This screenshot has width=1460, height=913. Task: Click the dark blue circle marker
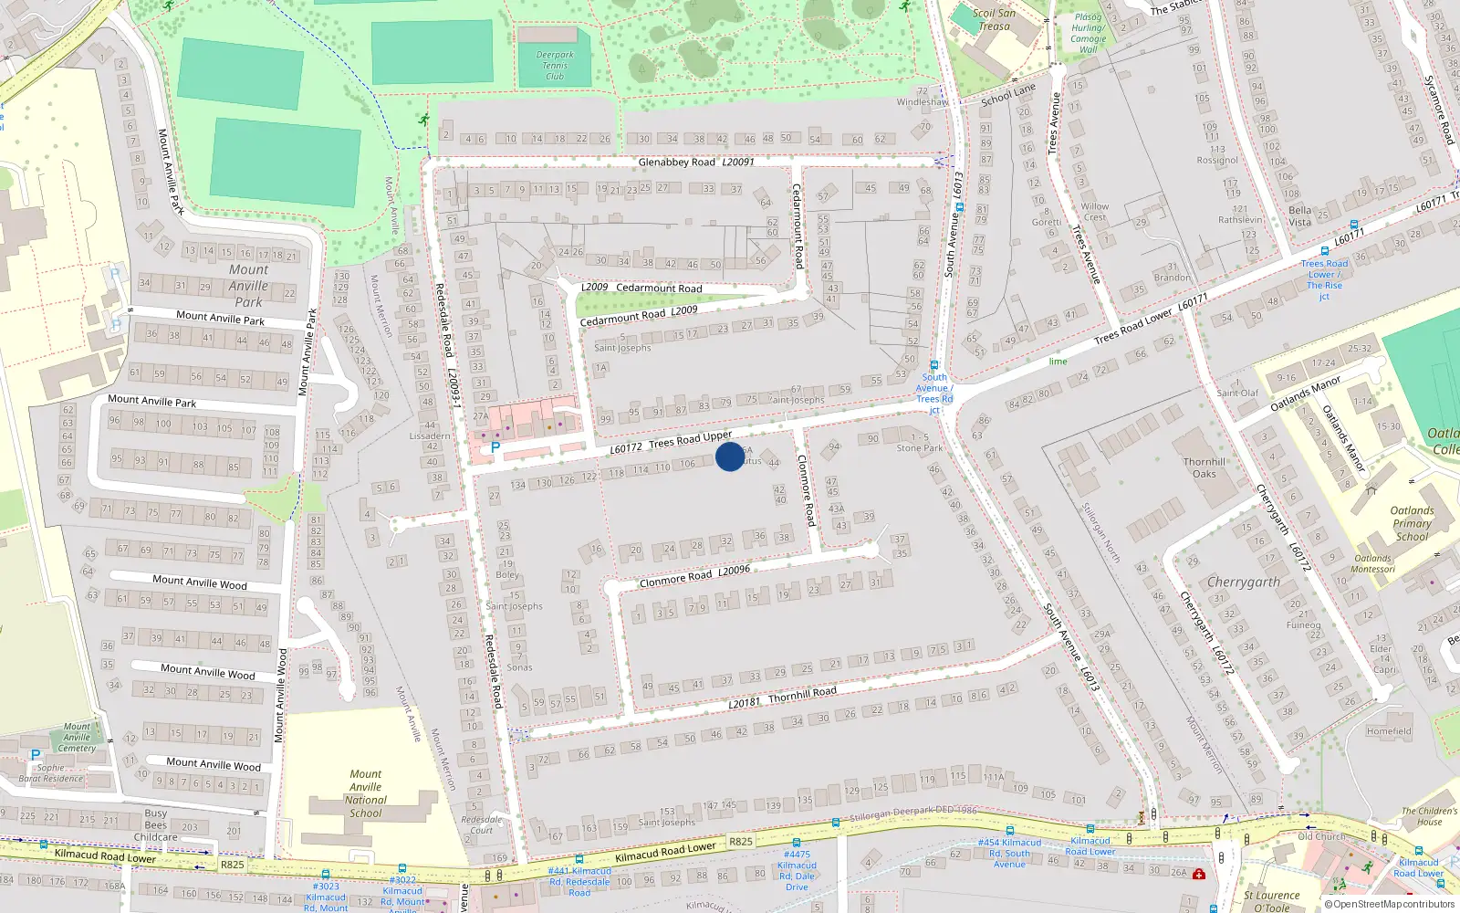730,456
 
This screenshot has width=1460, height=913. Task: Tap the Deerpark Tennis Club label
555,66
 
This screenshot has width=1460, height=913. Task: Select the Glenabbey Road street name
676,163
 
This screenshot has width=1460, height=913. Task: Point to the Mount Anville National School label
366,793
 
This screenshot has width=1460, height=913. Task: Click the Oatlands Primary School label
1412,524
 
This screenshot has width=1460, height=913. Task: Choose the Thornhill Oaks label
1204,467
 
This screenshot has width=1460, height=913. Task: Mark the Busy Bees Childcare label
156,824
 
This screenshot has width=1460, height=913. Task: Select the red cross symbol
1199,874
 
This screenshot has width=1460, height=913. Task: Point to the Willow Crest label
1095,212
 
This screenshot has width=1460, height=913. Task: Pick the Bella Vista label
1299,216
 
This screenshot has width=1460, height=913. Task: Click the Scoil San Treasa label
994,19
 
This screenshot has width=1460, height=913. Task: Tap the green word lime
1058,362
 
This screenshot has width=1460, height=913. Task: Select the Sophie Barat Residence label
51,773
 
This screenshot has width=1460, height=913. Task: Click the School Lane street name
1008,95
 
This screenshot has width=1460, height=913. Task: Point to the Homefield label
1389,731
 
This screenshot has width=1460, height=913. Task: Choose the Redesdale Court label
481,824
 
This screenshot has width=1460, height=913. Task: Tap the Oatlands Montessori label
1373,563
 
